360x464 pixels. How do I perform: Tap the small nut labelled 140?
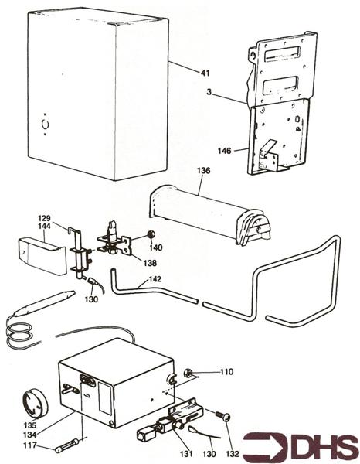click(x=152, y=233)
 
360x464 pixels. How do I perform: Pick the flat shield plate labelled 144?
click(x=38, y=257)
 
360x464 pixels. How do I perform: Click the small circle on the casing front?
click(x=44, y=123)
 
